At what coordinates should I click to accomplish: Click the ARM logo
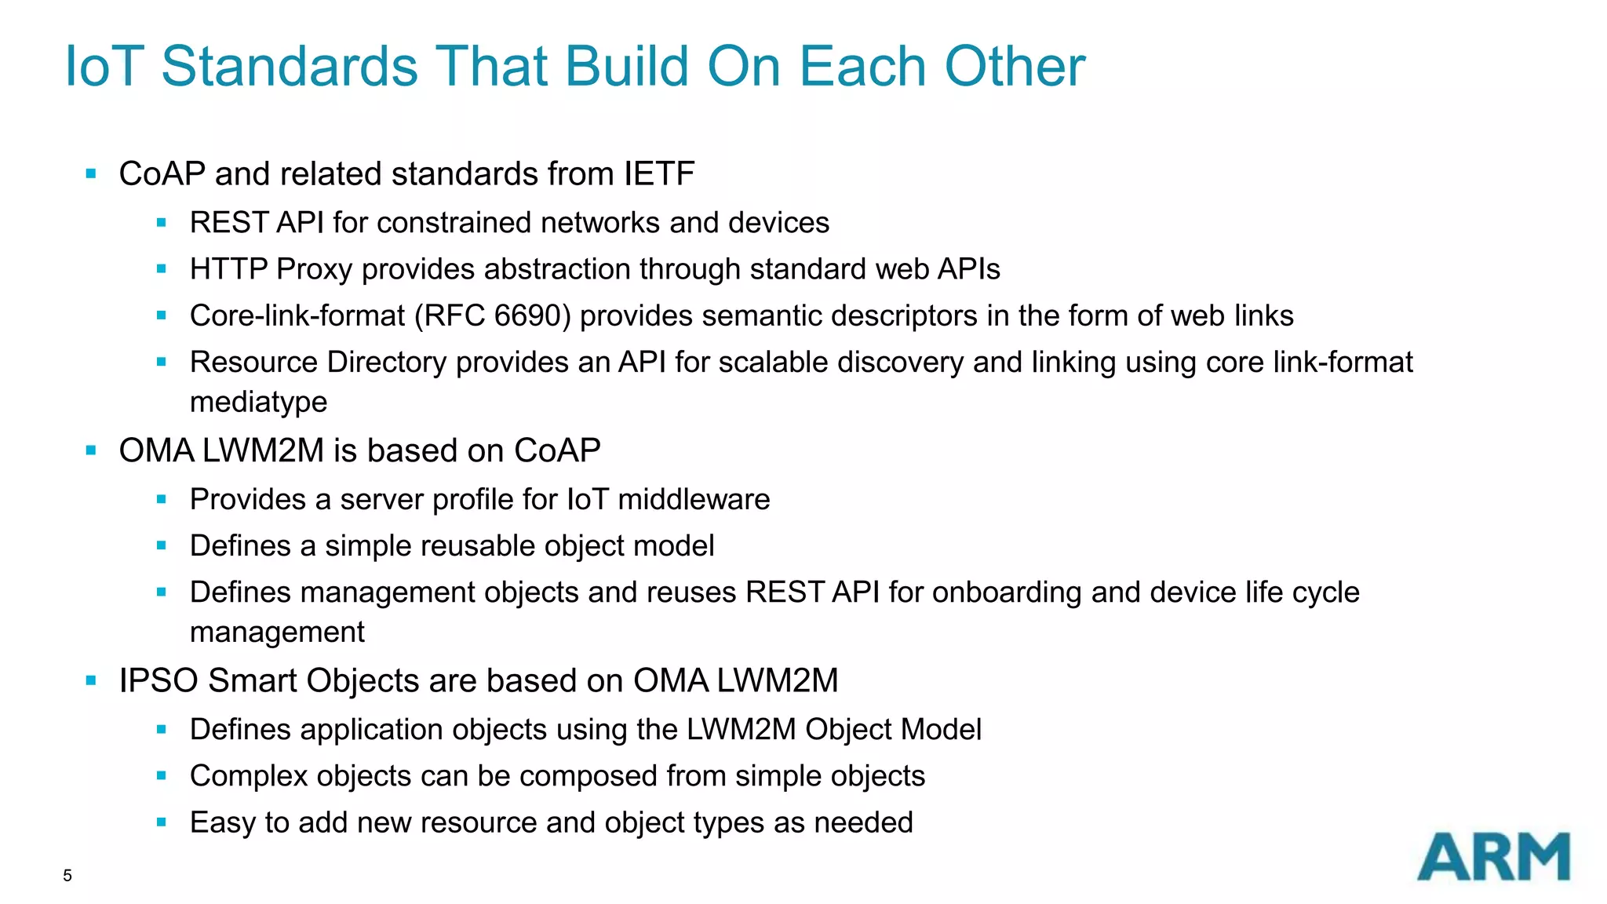(1492, 857)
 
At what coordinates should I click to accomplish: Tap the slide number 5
(67, 876)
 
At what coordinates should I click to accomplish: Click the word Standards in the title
(290, 66)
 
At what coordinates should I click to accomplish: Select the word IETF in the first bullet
(659, 174)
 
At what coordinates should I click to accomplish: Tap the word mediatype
(258, 402)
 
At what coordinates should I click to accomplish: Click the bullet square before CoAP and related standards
(91, 173)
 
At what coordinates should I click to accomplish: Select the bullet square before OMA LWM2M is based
(91, 450)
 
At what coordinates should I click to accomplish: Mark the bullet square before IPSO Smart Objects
(91, 680)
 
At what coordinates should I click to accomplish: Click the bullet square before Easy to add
(162, 822)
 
